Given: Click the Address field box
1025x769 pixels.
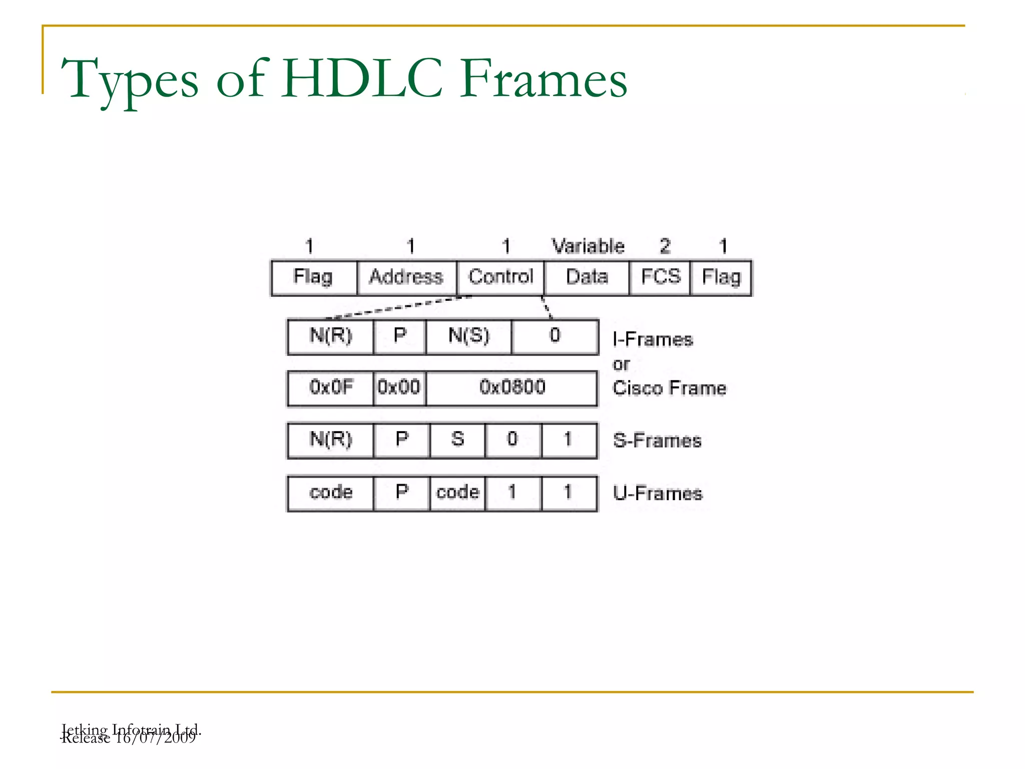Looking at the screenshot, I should (x=406, y=277).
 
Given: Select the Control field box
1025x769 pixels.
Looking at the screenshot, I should (x=500, y=277).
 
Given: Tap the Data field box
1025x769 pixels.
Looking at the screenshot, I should (x=587, y=277).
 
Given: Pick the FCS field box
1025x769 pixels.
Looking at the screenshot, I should (x=660, y=277).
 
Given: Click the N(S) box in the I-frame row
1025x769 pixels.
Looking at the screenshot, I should (x=468, y=336).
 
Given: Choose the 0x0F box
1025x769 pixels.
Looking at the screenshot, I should (x=331, y=388).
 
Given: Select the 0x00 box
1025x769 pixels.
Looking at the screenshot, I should (x=399, y=388).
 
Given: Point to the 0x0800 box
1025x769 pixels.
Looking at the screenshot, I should (x=512, y=388).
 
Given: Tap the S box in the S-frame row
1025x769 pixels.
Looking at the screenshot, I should (x=457, y=440).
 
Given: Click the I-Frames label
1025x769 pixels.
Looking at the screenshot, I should (x=653, y=340).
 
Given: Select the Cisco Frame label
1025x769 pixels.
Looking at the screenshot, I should (x=670, y=389).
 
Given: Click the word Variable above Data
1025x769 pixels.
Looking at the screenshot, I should (x=588, y=246).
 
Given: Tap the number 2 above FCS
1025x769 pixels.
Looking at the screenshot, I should (x=665, y=246).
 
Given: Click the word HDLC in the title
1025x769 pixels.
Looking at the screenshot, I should (x=362, y=79).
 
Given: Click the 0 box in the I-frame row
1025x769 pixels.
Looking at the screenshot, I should (x=555, y=336).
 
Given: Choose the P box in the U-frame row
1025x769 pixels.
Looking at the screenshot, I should (x=402, y=493).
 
